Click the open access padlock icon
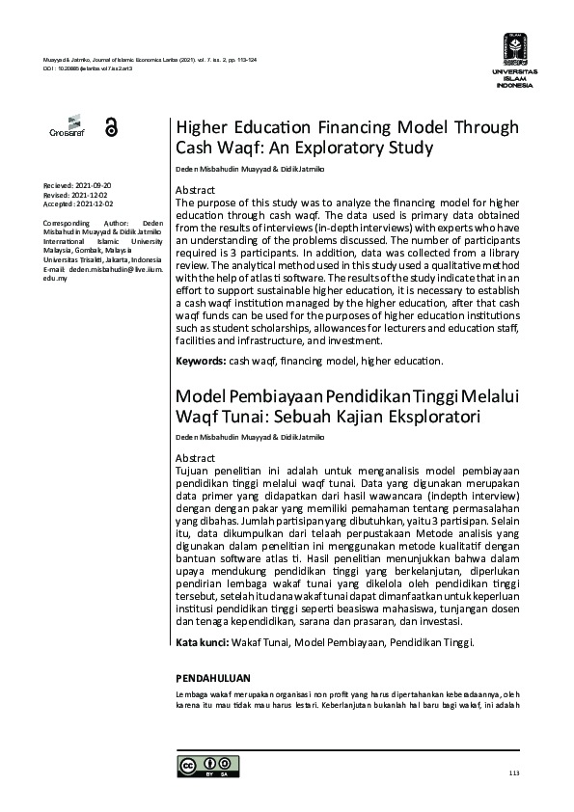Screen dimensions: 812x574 pyautogui.click(x=110, y=127)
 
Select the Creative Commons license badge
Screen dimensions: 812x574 pyautogui.click(x=203, y=767)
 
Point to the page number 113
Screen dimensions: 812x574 pyautogui.click(x=512, y=773)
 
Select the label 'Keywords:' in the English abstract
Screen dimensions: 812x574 pyautogui.click(x=200, y=361)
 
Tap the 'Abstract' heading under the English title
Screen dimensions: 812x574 pyautogui.click(x=195, y=191)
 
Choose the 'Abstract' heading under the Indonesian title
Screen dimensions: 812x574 pyautogui.click(x=195, y=457)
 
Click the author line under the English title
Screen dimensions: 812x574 pyautogui.click(x=250, y=170)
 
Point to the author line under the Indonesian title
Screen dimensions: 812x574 pyautogui.click(x=250, y=437)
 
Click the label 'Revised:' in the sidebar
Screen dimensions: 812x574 pyautogui.click(x=60, y=194)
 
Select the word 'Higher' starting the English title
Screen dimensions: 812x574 pyautogui.click(x=203, y=128)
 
